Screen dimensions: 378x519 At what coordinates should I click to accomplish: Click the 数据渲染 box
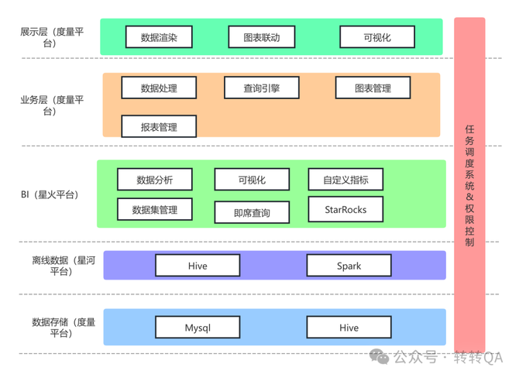(x=159, y=36)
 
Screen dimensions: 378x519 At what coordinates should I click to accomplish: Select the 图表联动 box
(x=262, y=36)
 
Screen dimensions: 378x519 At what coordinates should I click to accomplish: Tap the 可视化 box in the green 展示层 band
(x=377, y=36)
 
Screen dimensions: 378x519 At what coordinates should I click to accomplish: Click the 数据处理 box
(x=159, y=88)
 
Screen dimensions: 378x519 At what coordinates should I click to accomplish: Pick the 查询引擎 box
(x=262, y=88)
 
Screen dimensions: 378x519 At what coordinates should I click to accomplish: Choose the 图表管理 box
(x=373, y=88)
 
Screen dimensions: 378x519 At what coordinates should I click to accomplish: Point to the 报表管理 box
(x=159, y=126)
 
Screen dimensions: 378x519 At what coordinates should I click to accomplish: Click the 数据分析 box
(x=155, y=180)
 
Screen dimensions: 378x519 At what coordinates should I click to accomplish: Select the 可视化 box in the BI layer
(x=252, y=180)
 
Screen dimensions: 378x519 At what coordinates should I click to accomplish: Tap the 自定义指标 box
(x=345, y=180)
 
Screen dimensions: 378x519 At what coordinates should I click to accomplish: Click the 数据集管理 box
(x=155, y=209)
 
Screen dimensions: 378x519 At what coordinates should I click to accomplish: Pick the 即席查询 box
(x=252, y=211)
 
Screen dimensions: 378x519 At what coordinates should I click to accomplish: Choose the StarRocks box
(x=345, y=209)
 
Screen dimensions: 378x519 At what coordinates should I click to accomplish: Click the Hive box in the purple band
(x=198, y=266)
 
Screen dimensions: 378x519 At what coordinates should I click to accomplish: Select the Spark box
(x=349, y=266)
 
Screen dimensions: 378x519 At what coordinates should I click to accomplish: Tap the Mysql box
(x=198, y=328)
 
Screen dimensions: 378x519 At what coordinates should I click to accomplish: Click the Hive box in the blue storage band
(x=349, y=328)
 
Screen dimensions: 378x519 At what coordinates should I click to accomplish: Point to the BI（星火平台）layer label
(x=50, y=194)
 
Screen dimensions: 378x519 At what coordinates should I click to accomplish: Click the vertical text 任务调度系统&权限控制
(x=469, y=186)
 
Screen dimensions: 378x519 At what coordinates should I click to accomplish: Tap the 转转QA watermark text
(x=478, y=358)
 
